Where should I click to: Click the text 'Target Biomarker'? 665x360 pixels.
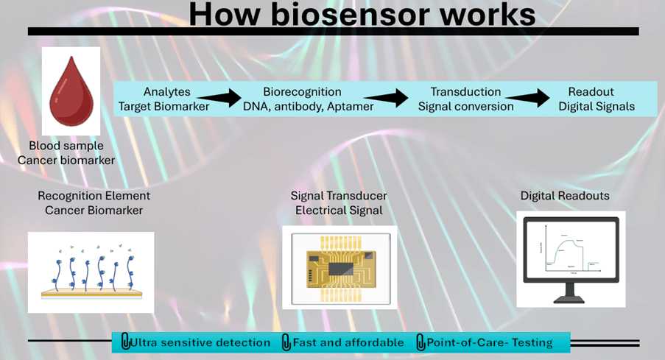pyautogui.click(x=163, y=106)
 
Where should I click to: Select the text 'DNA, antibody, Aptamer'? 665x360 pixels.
pyautogui.click(x=308, y=106)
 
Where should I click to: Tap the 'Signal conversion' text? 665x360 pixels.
pyautogui.click(x=465, y=106)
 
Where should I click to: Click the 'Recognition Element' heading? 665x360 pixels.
pyautogui.click(x=94, y=196)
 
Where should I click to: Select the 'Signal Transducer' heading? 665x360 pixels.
pyautogui.click(x=339, y=196)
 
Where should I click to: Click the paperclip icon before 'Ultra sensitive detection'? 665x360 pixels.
pyautogui.click(x=125, y=342)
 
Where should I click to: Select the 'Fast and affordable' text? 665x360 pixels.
pyautogui.click(x=348, y=342)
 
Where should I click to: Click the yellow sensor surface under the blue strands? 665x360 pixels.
pyautogui.click(x=91, y=292)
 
